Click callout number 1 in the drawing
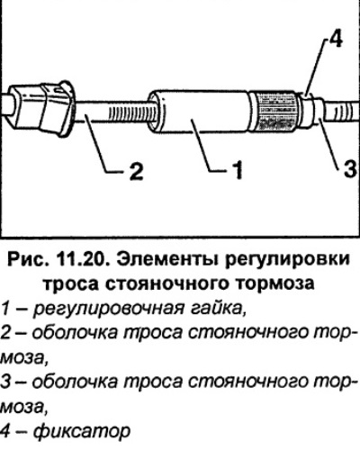(237, 170)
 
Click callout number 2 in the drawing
(136, 171)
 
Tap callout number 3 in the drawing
(349, 169)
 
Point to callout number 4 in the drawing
(335, 39)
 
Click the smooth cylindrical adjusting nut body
(201, 111)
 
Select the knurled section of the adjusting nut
(275, 111)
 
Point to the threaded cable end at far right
(342, 112)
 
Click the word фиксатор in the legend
(82, 432)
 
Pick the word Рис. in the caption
(28, 259)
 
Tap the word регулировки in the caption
(287, 260)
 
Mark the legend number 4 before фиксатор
(6, 431)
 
